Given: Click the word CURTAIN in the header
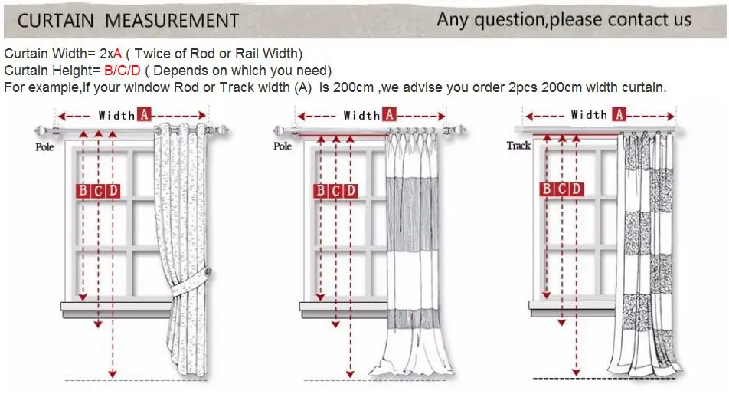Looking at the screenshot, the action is click(x=55, y=21).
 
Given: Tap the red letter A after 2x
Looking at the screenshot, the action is click(x=118, y=54).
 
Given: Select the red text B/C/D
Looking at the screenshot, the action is click(x=123, y=71).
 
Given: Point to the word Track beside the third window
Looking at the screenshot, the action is click(x=518, y=146).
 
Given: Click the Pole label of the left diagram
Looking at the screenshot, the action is click(x=44, y=146).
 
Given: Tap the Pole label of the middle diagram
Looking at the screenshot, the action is click(x=283, y=146).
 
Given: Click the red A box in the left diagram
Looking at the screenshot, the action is click(x=144, y=114).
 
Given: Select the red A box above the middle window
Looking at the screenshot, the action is click(x=389, y=114).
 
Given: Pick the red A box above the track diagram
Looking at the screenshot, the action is click(x=619, y=114).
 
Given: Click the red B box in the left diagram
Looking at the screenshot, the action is click(x=83, y=191).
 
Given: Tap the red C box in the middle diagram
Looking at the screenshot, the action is click(x=335, y=191).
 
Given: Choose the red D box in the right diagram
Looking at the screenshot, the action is click(x=576, y=189).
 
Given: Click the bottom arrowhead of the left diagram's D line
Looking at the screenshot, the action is click(x=113, y=373).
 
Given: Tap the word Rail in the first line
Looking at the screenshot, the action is click(x=245, y=54).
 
